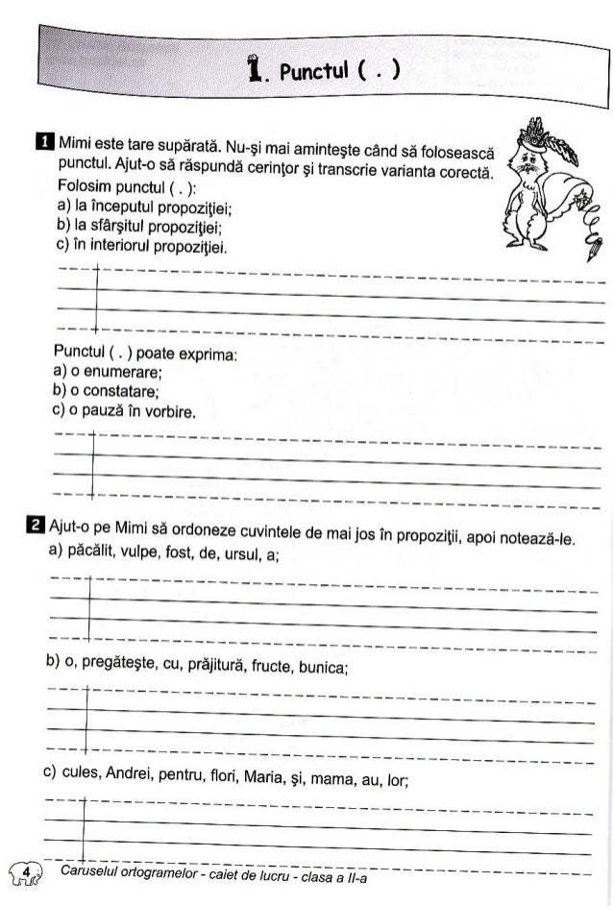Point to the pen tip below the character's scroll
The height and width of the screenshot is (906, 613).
[584, 254]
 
